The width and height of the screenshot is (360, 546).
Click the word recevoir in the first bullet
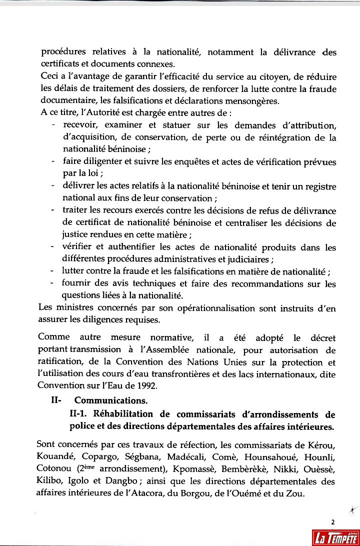click(x=79, y=124)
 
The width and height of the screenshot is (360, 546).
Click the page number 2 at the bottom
click(x=332, y=522)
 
